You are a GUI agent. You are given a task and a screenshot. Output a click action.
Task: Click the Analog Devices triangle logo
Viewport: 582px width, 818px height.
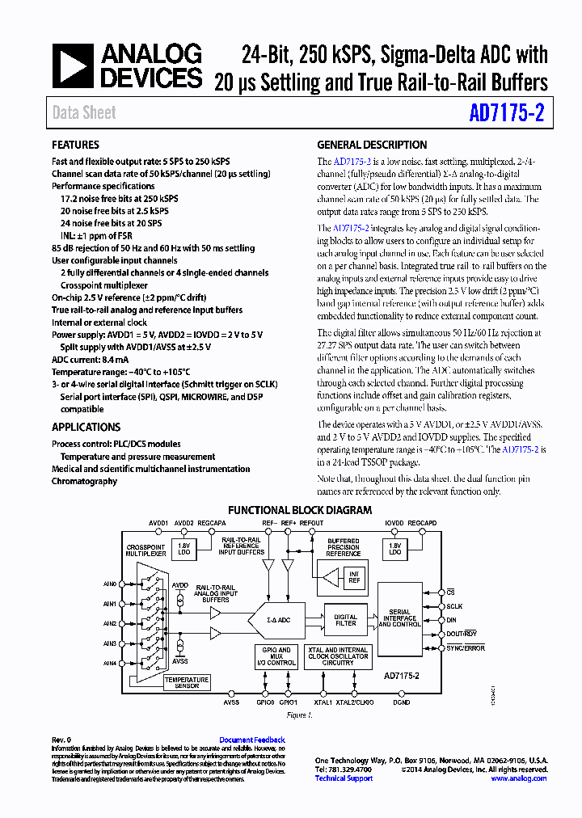point(74,65)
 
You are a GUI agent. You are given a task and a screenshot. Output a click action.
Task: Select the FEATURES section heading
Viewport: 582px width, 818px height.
point(76,145)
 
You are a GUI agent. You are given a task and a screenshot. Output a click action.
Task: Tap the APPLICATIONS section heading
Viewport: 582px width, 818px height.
point(86,428)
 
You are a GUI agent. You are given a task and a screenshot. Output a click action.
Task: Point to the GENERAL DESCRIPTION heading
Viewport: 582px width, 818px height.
point(372,145)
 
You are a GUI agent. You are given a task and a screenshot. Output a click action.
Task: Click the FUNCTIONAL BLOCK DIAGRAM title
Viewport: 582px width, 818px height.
point(300,510)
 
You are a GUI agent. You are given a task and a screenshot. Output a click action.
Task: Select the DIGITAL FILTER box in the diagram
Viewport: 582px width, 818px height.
point(345,620)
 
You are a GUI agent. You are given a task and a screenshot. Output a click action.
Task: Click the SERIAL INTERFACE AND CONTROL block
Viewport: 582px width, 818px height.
point(399,620)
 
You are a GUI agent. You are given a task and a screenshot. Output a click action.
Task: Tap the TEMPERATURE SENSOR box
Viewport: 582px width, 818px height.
point(187,683)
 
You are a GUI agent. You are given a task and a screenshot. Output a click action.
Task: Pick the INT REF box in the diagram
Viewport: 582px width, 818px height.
point(353,577)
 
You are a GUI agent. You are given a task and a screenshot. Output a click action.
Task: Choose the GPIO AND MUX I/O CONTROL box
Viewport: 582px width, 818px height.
point(276,656)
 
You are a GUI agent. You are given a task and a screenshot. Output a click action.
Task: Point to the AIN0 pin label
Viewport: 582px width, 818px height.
point(110,584)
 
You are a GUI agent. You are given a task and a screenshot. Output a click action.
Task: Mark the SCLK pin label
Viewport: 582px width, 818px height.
point(455,606)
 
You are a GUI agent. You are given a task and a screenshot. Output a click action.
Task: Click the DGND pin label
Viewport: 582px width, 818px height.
point(401,702)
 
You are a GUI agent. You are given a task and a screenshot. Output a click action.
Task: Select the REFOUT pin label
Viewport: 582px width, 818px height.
point(311,523)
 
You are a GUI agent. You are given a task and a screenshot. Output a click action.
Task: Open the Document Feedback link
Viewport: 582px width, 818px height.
point(252,740)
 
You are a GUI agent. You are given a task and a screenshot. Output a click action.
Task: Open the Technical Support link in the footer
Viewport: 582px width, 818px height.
point(344,778)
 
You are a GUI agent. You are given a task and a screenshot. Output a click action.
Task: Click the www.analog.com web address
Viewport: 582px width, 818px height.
point(519,778)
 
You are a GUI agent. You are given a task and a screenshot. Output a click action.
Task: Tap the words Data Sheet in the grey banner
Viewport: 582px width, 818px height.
point(84,113)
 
